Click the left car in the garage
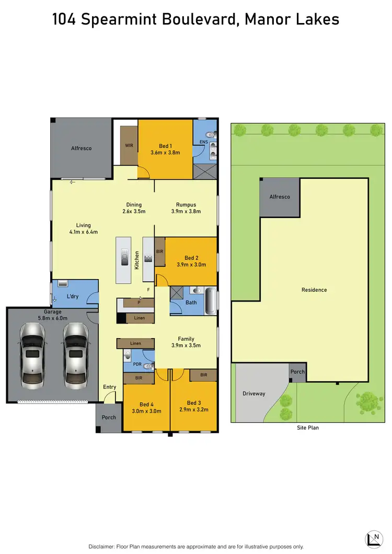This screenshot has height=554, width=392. coord(31,353)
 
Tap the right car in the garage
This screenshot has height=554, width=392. coord(75,353)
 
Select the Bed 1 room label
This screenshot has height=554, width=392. coord(165,146)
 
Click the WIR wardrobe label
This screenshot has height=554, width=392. coord(129,146)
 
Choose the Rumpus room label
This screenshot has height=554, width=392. coord(186,204)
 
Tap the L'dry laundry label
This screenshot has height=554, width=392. coord(73,296)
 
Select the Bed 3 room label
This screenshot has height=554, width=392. coord(193,402)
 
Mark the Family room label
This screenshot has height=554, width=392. coord(186,338)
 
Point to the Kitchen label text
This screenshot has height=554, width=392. coord(137,260)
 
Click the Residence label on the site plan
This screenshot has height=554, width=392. coord(314,290)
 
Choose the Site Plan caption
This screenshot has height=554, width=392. coord(307,428)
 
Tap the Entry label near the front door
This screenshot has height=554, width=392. coord(110,387)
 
